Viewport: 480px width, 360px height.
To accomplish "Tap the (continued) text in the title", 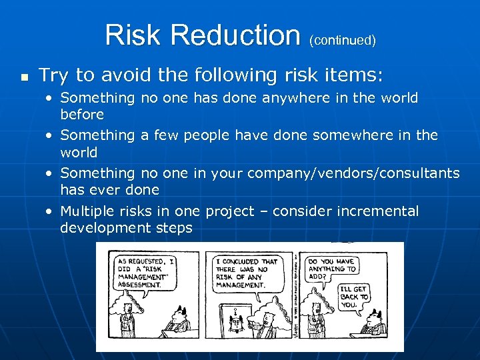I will [342, 40].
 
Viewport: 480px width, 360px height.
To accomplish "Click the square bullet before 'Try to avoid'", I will [24, 77].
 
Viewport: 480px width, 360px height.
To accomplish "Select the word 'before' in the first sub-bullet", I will [82, 114].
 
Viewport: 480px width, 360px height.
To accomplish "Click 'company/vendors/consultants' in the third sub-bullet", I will [353, 173].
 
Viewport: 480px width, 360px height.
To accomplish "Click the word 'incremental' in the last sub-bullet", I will [377, 211].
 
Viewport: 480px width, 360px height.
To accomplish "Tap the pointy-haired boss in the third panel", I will [377, 322].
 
